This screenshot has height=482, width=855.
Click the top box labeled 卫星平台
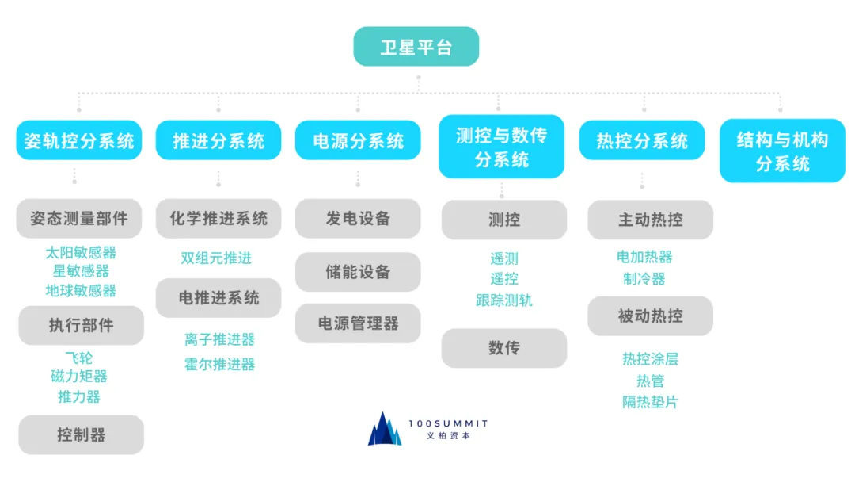(x=416, y=46)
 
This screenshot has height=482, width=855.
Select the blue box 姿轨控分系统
(x=78, y=140)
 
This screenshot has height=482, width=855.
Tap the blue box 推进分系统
(x=218, y=140)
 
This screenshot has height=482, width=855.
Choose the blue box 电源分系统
(x=358, y=140)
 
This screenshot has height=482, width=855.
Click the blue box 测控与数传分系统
(x=501, y=147)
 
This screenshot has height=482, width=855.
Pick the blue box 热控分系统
(x=642, y=140)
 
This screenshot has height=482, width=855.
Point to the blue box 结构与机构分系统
(x=782, y=151)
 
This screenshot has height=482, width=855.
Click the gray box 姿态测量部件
(x=79, y=218)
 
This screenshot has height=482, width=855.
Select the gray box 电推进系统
(x=218, y=298)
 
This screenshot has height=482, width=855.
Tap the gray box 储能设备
(x=358, y=272)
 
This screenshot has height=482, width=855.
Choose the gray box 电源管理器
(x=358, y=323)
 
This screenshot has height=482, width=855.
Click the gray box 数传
(x=504, y=348)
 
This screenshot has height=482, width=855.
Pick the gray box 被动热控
(x=650, y=316)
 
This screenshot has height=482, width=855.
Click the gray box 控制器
(x=81, y=434)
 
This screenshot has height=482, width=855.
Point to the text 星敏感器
(x=81, y=271)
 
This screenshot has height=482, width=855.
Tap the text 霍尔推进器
(x=219, y=365)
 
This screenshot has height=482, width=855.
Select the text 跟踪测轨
(x=504, y=300)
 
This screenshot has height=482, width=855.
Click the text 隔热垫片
(x=650, y=402)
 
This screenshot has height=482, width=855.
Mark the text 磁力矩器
(x=79, y=377)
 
